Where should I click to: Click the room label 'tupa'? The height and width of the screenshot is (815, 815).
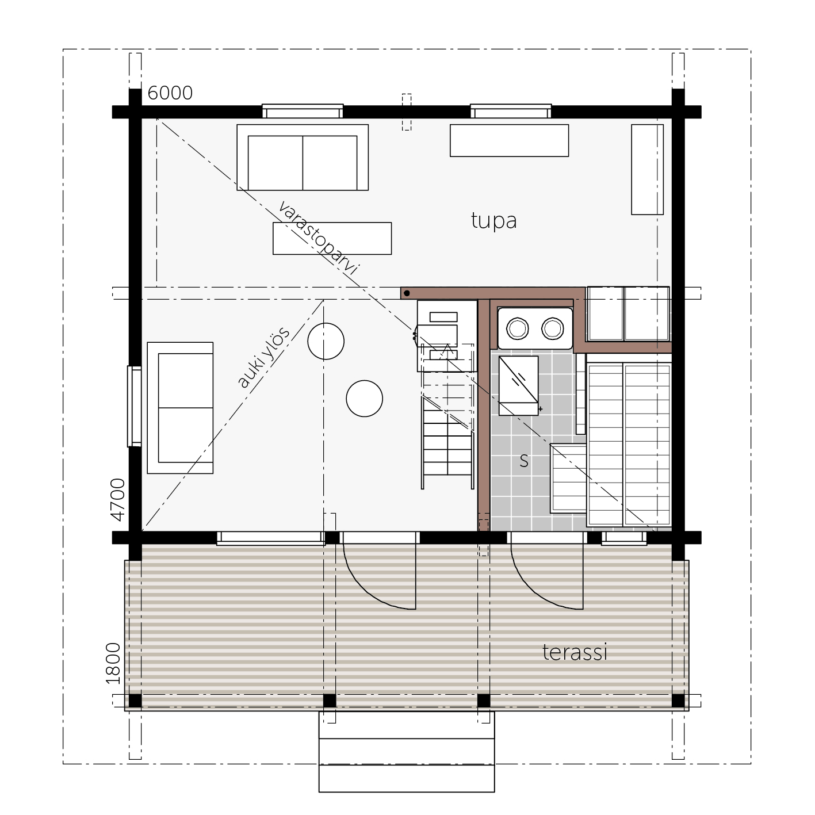pos(493,221)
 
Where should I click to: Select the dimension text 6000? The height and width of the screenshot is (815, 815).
pos(170,93)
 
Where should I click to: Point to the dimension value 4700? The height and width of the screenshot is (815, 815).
pos(117,499)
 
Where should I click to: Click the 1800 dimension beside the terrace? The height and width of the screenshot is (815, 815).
pos(113,664)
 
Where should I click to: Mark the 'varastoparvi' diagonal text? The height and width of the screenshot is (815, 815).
pos(319,238)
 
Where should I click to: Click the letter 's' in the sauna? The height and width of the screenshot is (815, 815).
pos(524,461)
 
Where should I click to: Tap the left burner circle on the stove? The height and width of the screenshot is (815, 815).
pos(517,328)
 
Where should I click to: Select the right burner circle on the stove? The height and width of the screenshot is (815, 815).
pos(552,328)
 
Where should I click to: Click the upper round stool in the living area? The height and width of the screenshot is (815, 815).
pos(326,341)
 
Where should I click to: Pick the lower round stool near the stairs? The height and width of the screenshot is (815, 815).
pos(364,399)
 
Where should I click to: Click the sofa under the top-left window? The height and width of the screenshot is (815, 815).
pos(303,158)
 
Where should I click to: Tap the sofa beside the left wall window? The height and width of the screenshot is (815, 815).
pos(180,408)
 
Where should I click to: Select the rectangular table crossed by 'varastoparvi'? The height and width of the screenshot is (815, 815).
pos(332,239)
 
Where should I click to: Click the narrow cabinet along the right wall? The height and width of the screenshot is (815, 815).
pos(647,170)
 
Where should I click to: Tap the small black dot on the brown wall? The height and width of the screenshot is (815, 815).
pos(407,293)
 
